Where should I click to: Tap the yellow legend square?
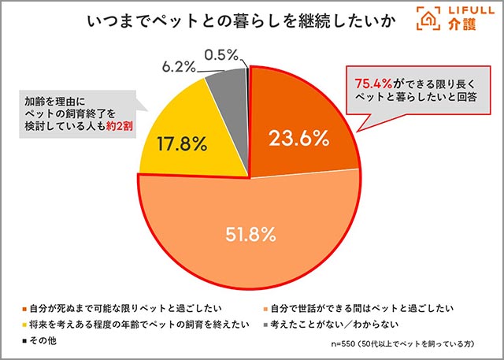(24, 322)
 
